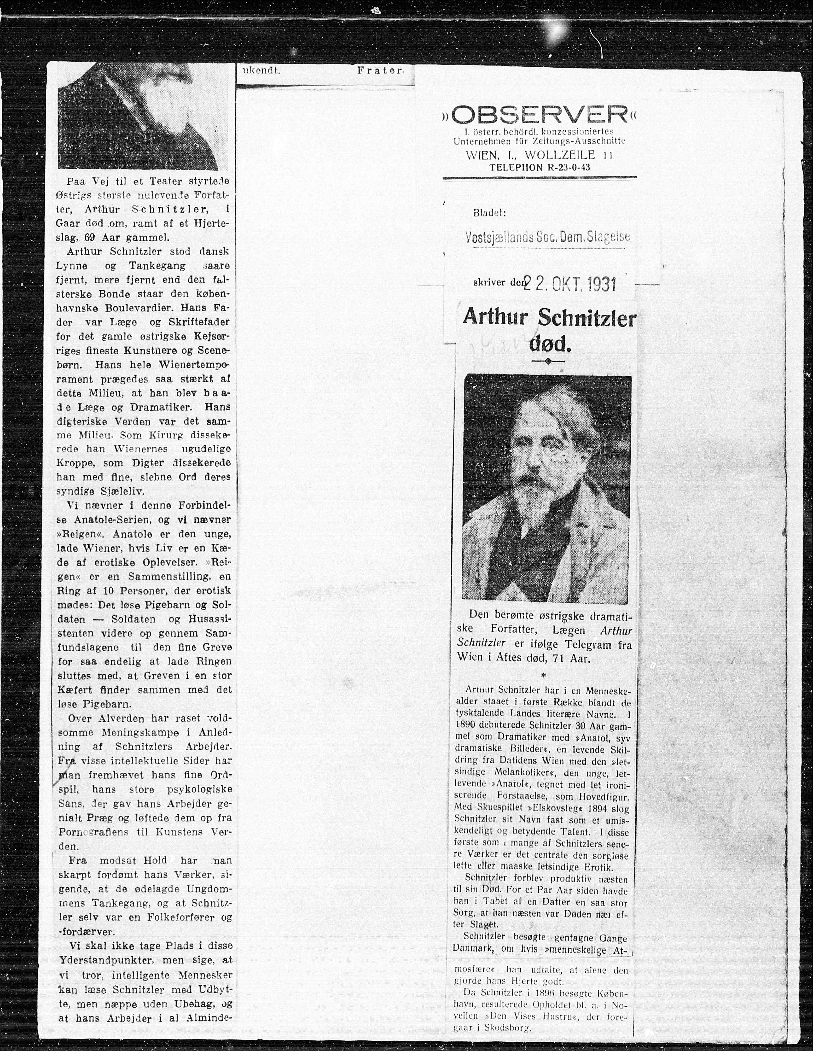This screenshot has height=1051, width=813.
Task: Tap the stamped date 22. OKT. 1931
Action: [x=570, y=284]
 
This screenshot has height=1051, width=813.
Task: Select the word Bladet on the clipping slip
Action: [x=489, y=212]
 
